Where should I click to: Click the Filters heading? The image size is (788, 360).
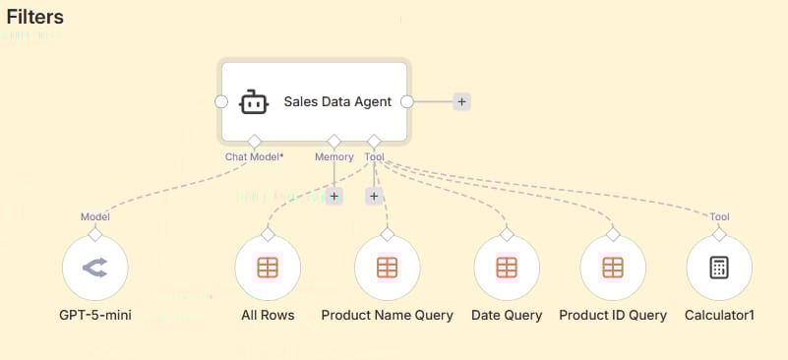pos(35,17)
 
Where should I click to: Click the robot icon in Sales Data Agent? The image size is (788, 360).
pos(254,101)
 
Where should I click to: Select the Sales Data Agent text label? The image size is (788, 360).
pos(337,101)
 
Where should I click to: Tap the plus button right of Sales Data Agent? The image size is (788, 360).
pos(461,101)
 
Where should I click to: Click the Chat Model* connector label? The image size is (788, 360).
pos(254,155)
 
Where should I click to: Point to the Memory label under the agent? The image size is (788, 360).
pos(333,155)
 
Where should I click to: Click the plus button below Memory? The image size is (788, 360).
pos(333,196)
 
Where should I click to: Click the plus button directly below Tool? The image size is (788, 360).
pos(374,196)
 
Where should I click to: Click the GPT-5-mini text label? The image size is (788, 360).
pos(95,316)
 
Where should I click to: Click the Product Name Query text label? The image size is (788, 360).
pos(387,316)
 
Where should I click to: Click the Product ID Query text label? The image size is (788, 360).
pos(613,316)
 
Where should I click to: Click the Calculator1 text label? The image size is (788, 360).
pos(719,316)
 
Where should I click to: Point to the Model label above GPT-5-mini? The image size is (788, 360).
pos(94,216)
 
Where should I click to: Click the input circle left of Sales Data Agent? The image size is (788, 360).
pos(221,101)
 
